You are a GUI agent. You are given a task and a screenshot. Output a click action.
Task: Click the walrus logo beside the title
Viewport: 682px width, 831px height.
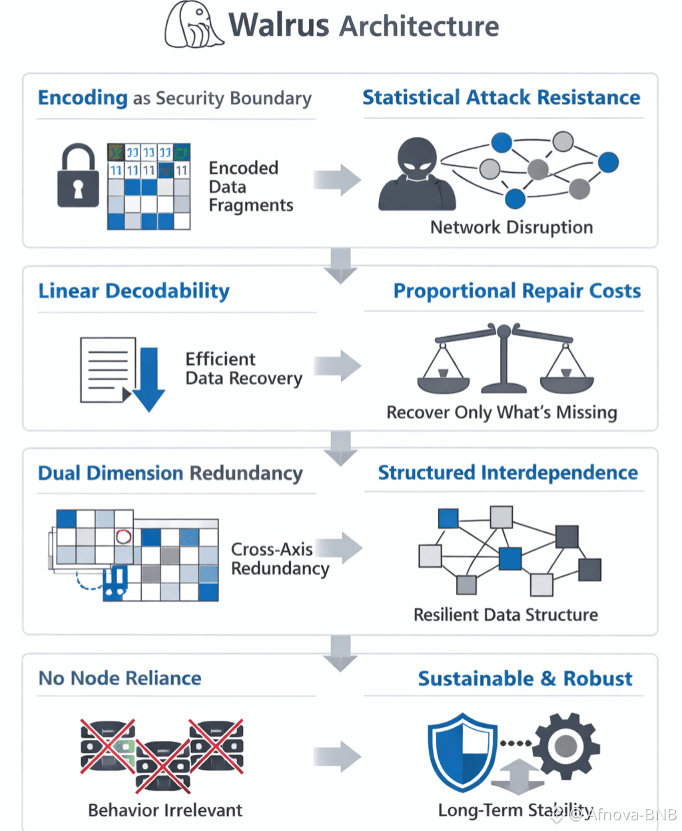click(x=193, y=25)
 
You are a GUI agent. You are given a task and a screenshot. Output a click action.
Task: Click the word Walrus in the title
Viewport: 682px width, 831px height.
click(x=279, y=25)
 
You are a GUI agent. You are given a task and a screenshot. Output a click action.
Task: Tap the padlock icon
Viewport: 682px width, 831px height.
click(x=78, y=176)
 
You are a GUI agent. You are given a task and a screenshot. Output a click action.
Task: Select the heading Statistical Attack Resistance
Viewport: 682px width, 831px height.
click(x=501, y=98)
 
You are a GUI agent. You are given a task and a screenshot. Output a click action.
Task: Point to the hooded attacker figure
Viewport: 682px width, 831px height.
click(x=418, y=174)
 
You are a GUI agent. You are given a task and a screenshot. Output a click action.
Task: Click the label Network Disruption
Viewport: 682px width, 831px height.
click(x=511, y=228)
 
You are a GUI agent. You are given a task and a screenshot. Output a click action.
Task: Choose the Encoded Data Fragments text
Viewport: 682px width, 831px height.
click(x=250, y=186)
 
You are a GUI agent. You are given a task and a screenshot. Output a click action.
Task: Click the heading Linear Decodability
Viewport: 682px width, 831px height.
click(x=134, y=291)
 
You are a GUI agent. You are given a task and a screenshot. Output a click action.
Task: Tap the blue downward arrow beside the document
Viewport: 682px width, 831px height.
click(x=149, y=379)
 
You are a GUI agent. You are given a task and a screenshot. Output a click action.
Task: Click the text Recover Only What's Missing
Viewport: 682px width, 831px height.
click(x=502, y=413)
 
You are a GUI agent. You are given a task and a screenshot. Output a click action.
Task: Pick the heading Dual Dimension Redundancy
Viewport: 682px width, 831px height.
click(x=170, y=473)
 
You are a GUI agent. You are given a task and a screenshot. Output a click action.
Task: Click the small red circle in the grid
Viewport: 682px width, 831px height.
click(x=124, y=536)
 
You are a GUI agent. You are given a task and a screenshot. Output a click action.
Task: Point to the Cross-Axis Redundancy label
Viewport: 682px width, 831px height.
click(x=280, y=559)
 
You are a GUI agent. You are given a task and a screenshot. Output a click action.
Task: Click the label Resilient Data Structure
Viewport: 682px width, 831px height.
click(x=506, y=615)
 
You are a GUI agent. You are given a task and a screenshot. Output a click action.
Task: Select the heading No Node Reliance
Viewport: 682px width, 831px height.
click(x=120, y=679)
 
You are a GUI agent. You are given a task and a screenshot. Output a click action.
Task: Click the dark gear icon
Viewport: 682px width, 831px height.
click(x=566, y=746)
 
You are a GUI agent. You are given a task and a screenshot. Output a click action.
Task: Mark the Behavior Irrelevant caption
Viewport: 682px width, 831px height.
click(x=165, y=810)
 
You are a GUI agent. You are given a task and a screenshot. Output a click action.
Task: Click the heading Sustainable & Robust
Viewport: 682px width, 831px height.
click(x=525, y=679)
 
